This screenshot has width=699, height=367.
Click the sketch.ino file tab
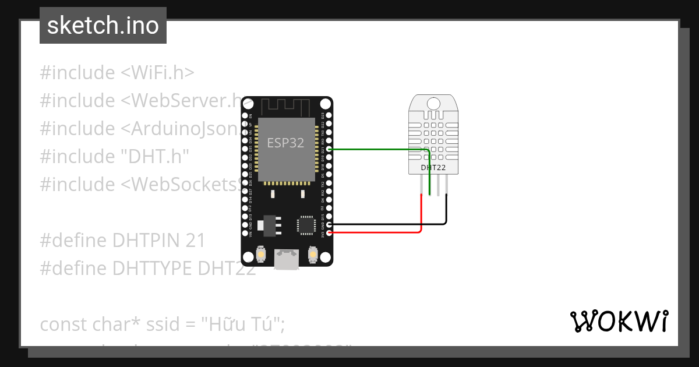103,26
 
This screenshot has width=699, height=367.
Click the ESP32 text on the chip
285,143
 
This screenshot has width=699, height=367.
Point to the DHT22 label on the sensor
433,168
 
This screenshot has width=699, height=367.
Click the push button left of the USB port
261,255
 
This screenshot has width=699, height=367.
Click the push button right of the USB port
313,255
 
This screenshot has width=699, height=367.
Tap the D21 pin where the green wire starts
330,150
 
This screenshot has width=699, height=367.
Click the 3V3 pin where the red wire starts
330,233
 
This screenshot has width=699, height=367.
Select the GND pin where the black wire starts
330,224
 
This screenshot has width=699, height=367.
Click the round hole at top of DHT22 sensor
433,104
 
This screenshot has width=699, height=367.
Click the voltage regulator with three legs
269,225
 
